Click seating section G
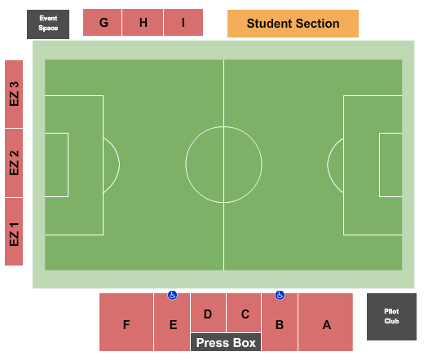point(103,22)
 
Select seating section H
point(143,22)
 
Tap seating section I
point(183,22)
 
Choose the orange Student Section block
point(293,24)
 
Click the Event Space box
point(48,24)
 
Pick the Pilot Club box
point(391,317)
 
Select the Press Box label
point(226,342)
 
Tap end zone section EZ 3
point(14,94)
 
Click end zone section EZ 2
point(14,163)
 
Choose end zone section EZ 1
point(14,231)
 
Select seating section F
point(126,322)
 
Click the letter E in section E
point(174,325)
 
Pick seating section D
point(208,313)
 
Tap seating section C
point(244,313)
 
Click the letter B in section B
point(280,325)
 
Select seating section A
point(325,322)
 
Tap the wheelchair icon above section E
point(172,295)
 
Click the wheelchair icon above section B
point(280,295)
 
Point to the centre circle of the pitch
point(186,165)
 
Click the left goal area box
point(68,165)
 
